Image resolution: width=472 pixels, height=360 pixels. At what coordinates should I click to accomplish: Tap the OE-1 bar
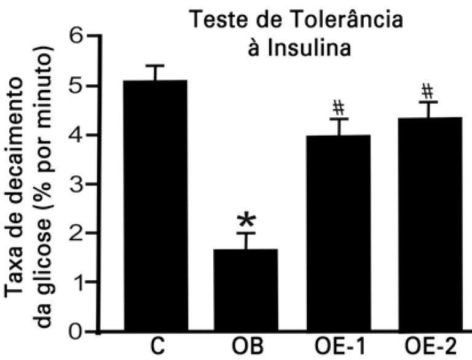click(x=338, y=233)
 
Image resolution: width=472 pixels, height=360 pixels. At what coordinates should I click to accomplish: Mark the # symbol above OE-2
click(x=427, y=92)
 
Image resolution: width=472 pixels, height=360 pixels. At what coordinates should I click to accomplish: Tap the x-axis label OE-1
click(x=338, y=348)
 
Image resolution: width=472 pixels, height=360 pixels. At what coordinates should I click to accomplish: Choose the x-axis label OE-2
click(x=428, y=348)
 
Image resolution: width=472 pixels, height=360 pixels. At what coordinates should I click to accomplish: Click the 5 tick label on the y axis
click(x=76, y=86)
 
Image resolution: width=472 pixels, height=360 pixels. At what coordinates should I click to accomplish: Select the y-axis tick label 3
click(x=76, y=184)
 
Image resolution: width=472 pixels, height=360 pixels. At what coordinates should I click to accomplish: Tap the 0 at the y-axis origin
click(x=76, y=332)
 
